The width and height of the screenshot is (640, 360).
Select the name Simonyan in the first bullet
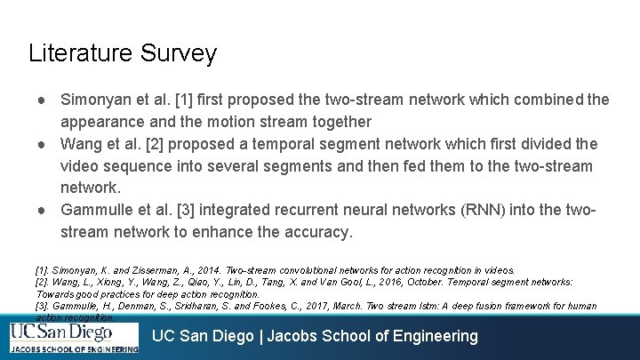coord(96,99)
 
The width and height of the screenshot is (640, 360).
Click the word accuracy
coord(315,232)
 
